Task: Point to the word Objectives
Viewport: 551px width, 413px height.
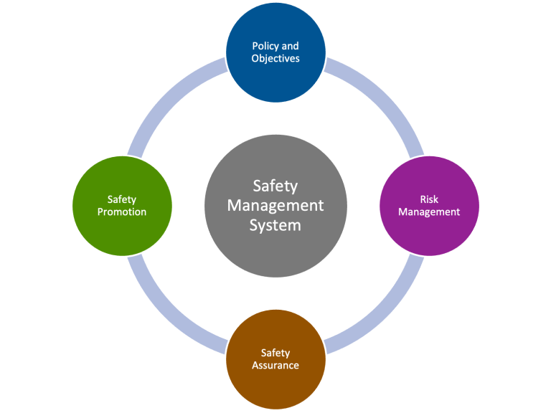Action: point(275,58)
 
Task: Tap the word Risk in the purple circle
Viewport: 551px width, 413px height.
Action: point(429,199)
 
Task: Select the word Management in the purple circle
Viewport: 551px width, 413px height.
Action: point(429,212)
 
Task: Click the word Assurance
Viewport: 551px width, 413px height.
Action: point(275,365)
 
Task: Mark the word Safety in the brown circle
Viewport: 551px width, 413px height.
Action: point(275,353)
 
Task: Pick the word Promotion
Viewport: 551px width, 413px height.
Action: point(122,212)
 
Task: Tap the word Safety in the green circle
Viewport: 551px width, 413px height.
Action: point(122,199)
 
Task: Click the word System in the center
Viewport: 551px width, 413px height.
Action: point(275,224)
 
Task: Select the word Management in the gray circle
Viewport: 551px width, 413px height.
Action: point(275,206)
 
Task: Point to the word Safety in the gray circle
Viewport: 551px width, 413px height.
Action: point(275,186)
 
